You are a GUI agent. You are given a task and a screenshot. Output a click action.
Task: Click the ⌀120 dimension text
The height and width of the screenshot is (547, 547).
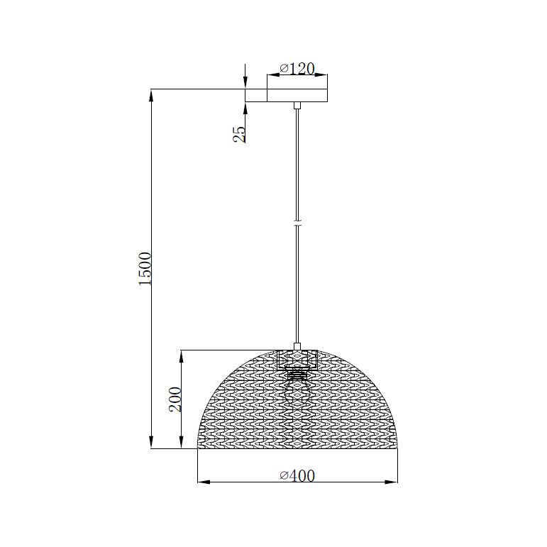coord(297,68)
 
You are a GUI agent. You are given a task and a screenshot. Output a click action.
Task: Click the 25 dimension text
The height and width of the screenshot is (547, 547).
coord(239,134)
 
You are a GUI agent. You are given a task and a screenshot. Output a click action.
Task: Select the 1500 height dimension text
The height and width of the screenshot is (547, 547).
coord(145,268)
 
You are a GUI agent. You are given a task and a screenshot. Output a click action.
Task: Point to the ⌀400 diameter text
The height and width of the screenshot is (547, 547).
coord(297,475)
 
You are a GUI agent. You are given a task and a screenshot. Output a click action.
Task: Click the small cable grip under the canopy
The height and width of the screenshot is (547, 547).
coord(297,106)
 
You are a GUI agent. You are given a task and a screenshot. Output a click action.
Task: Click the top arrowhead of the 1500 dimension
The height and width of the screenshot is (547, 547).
coord(151,95)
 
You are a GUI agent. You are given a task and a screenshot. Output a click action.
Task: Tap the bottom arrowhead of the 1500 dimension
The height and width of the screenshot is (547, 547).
coord(151,443)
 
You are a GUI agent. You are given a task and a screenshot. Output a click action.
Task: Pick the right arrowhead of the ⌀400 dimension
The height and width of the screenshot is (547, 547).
coord(392,482)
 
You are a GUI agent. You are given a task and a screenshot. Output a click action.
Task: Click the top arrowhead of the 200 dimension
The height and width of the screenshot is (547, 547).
coord(182,355)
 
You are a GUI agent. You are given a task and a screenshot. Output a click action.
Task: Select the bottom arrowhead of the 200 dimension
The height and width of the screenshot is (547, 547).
coord(182,443)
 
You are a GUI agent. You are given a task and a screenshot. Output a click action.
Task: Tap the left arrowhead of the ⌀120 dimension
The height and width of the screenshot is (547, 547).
coord(272,75)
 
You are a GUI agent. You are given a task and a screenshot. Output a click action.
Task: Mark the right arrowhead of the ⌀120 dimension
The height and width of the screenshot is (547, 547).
coord(322,75)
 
